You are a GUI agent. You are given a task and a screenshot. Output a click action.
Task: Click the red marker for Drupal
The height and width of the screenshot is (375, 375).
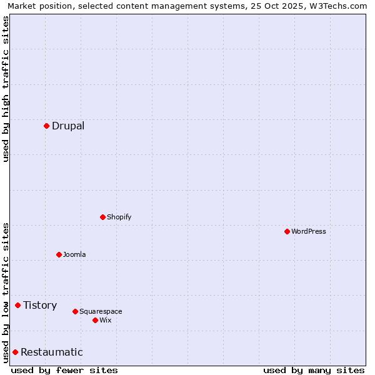pos(46,126)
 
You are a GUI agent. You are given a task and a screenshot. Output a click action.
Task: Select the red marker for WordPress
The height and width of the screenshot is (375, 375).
pos(287,231)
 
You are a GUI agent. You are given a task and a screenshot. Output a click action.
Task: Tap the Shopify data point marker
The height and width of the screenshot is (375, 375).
pos(102,217)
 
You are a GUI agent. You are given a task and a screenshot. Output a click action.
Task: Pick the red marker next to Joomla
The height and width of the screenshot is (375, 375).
pos(59,254)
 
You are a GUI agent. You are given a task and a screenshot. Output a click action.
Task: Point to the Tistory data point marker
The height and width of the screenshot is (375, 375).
pos(17,305)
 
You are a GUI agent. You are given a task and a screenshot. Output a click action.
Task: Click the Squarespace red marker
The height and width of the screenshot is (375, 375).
pos(75,311)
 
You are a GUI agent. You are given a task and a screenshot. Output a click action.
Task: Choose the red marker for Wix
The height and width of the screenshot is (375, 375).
pos(95,320)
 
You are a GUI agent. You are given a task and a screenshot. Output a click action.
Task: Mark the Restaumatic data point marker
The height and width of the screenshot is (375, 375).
pos(15,352)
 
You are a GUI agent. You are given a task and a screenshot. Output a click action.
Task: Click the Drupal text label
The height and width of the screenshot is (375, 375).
pos(68,126)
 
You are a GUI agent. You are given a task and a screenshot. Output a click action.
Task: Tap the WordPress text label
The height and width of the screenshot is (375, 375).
pos(309,231)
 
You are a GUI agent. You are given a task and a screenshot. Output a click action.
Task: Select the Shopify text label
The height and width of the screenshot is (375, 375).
pos(119,217)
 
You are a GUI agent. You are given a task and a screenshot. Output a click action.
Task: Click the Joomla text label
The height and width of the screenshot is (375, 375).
pos(74,254)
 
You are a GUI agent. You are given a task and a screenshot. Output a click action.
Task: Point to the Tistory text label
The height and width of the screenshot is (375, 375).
pos(40,305)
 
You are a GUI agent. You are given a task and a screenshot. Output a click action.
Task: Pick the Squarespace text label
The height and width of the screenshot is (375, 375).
pos(101,311)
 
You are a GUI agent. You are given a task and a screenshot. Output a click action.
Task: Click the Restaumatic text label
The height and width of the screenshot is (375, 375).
pos(52,352)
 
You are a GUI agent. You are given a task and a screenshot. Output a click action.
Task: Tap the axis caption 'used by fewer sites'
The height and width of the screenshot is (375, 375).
pos(64,370)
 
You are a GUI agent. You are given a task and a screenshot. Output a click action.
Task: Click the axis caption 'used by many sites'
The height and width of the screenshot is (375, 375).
pos(314,370)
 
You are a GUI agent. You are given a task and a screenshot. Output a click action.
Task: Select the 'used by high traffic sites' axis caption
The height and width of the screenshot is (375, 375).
pos(6,89)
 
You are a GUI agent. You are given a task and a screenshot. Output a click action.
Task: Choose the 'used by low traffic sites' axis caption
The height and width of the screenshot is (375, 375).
pos(6,292)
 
